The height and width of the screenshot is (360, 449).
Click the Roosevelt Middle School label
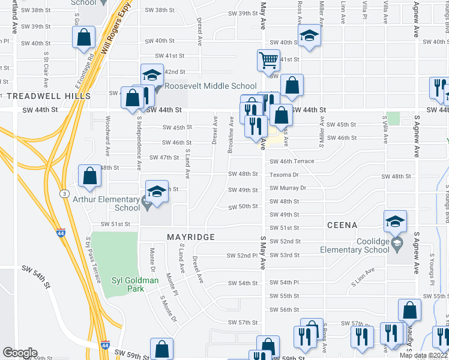click(x=210, y=86)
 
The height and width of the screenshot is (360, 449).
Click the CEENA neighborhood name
click(x=343, y=225)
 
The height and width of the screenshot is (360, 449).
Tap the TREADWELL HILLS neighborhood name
click(x=49, y=96)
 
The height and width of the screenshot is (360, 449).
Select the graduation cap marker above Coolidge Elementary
click(x=396, y=221)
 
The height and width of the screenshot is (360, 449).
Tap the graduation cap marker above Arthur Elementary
click(x=156, y=193)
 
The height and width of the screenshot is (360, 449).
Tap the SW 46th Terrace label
click(x=292, y=161)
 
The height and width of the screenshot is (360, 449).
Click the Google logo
click(x=20, y=353)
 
